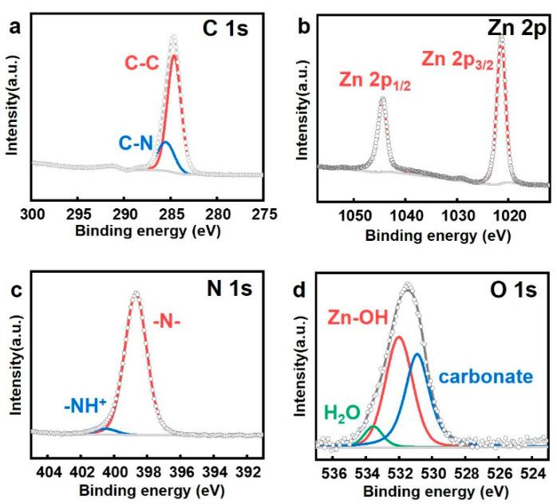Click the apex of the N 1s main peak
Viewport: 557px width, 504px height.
[136, 293]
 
